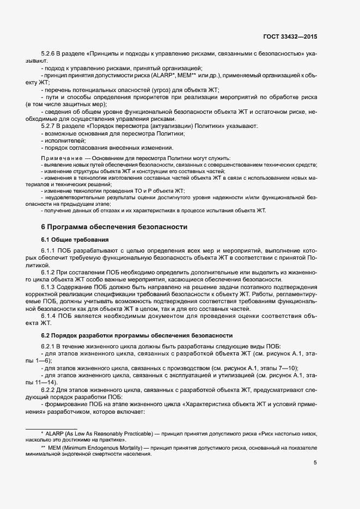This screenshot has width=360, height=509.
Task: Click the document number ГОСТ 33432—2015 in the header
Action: [x=289, y=36]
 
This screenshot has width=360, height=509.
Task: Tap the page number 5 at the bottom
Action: [x=315, y=463]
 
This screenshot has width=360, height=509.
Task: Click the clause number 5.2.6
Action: [x=50, y=54]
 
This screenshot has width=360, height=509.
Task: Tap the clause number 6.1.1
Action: [x=50, y=250]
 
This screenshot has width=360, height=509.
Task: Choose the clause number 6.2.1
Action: [x=50, y=347]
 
